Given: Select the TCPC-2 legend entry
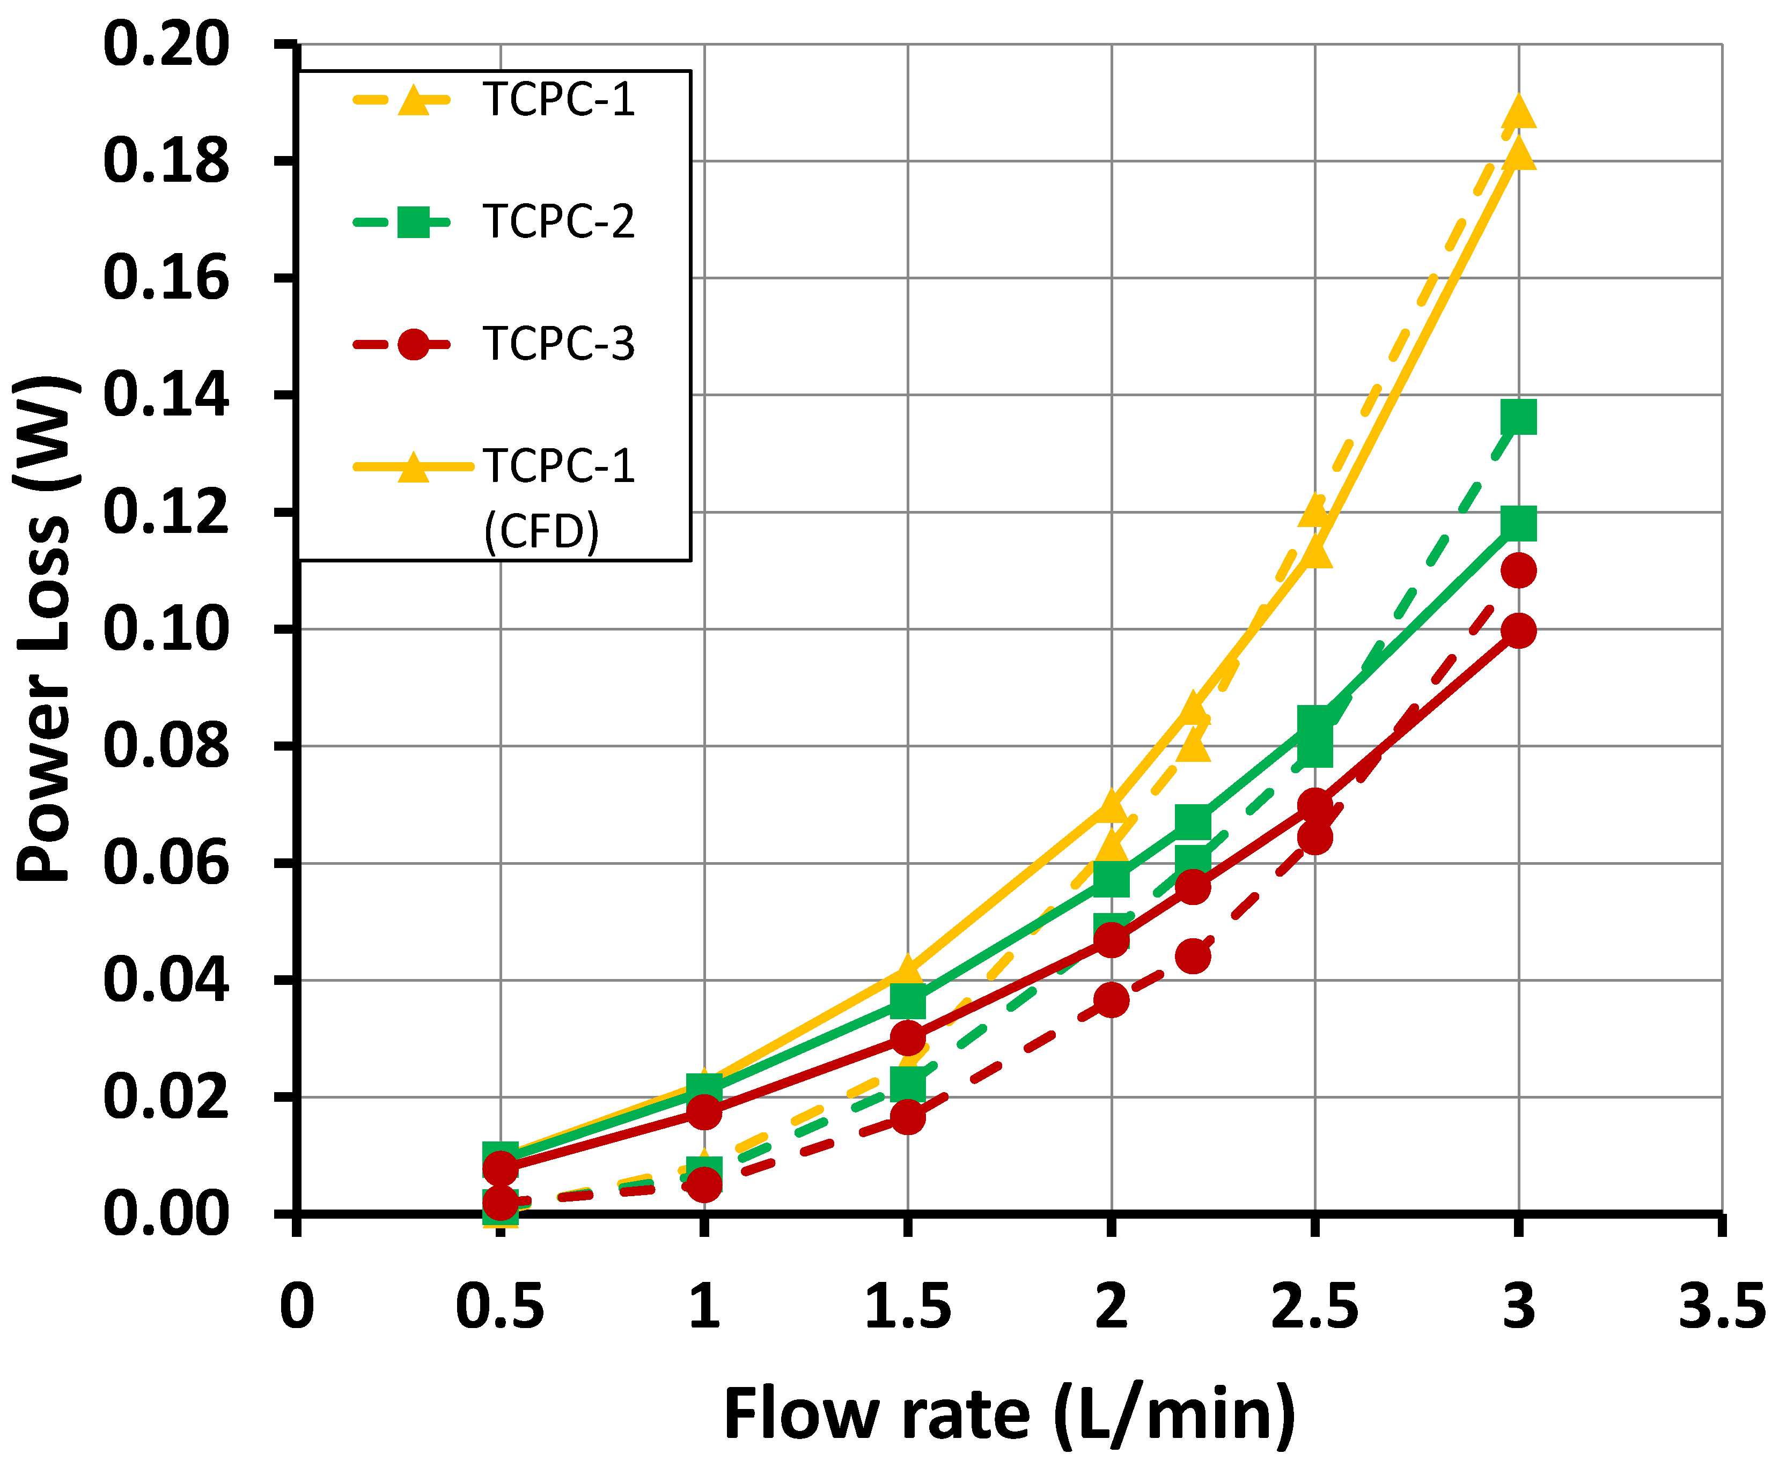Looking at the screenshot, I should [557, 222].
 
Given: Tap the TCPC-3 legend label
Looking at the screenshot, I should [557, 344].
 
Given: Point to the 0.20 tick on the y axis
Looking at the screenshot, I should [166, 44].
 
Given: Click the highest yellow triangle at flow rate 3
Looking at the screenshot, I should [1518, 113].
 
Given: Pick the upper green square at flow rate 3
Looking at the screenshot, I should [1518, 417].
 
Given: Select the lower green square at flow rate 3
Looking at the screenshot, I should [1518, 523].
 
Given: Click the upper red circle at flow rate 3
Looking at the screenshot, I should [1518, 570].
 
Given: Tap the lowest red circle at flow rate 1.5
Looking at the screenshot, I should [908, 1118].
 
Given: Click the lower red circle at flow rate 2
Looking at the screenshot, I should [1112, 1000].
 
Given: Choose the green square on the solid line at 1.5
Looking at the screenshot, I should [908, 1002].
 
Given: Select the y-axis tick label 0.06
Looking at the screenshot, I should [166, 864].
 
